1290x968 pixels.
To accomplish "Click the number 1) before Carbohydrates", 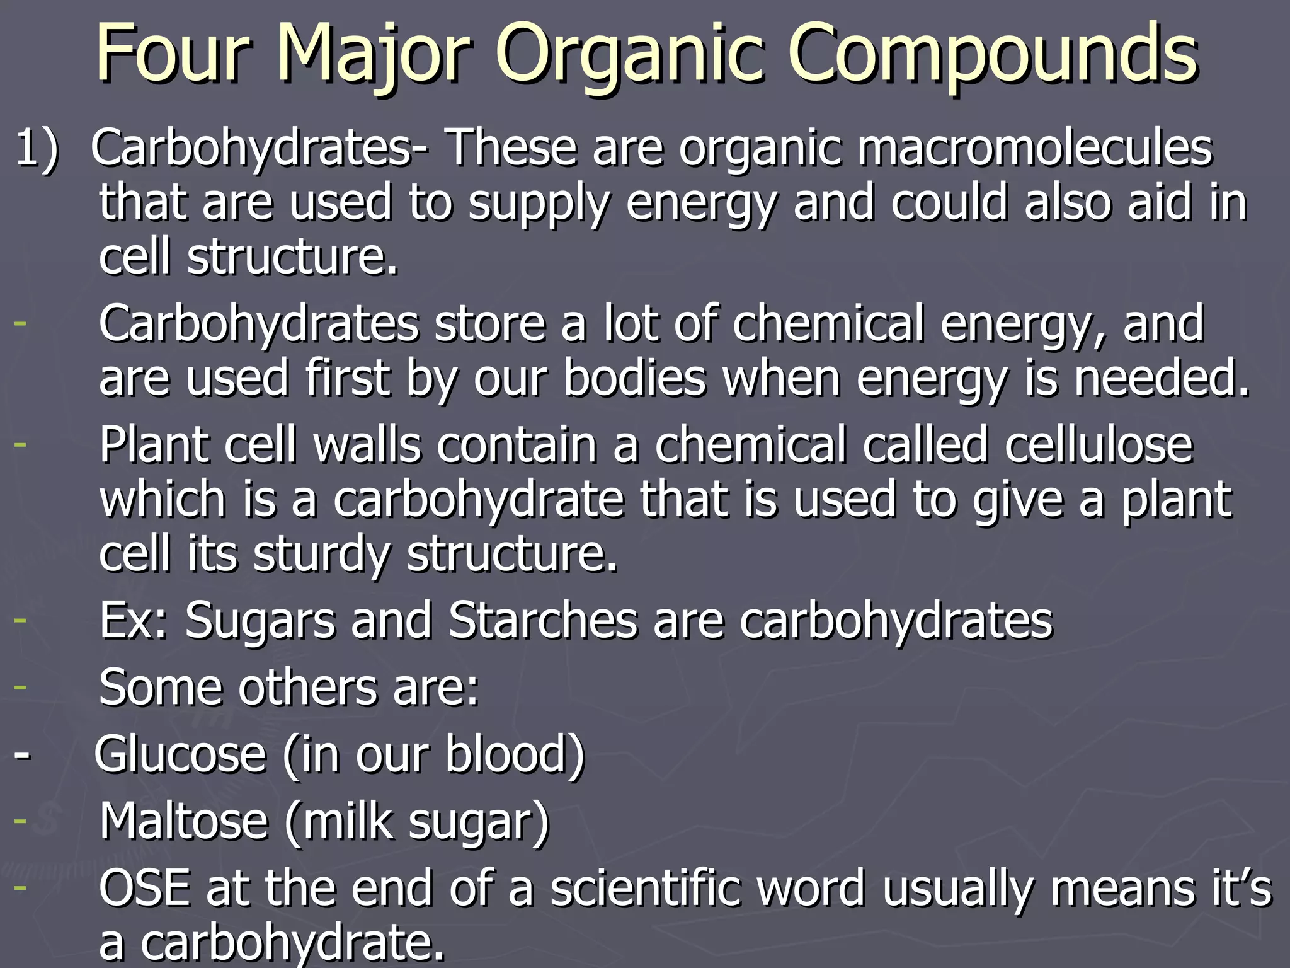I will pos(37,149).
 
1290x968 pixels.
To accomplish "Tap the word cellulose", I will pos(1099,445).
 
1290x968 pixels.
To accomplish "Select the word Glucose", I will pos(180,754).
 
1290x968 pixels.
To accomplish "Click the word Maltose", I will pos(183,821).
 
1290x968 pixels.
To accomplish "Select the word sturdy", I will pos(321,555).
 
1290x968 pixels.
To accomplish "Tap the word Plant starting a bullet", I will pos(154,445).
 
